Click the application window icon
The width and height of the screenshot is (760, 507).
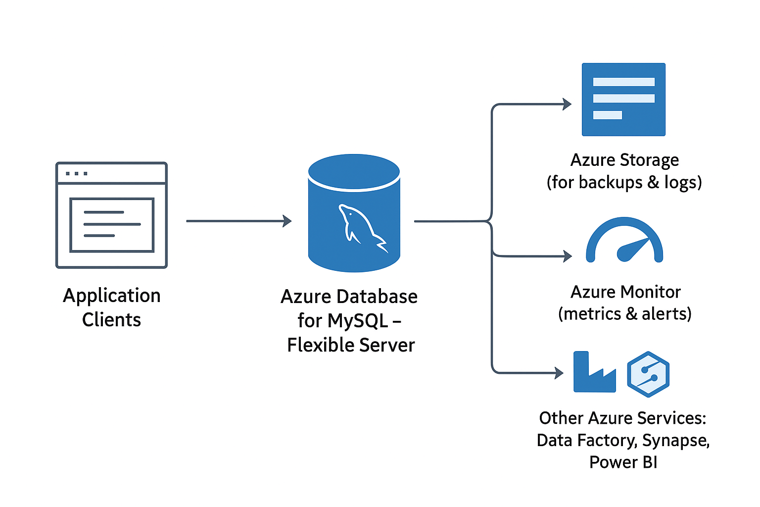pos(111,215)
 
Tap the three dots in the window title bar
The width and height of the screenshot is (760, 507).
pos(77,173)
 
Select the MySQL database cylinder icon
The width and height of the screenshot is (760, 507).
pos(354,213)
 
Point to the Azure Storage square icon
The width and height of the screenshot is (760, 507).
pos(623,100)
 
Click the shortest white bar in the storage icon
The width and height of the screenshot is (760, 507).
pos(607,115)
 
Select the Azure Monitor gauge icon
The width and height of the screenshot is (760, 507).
pos(624,241)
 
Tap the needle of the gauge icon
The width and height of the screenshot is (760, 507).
pos(633,248)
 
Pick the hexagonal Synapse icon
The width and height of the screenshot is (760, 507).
pos(648,374)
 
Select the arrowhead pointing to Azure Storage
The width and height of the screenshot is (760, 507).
pos(567,104)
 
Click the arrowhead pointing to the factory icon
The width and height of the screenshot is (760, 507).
pos(559,372)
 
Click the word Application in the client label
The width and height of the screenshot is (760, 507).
pos(112,296)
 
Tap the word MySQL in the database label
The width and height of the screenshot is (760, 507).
pos(357,321)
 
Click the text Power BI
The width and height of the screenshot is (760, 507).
pos(623,462)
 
